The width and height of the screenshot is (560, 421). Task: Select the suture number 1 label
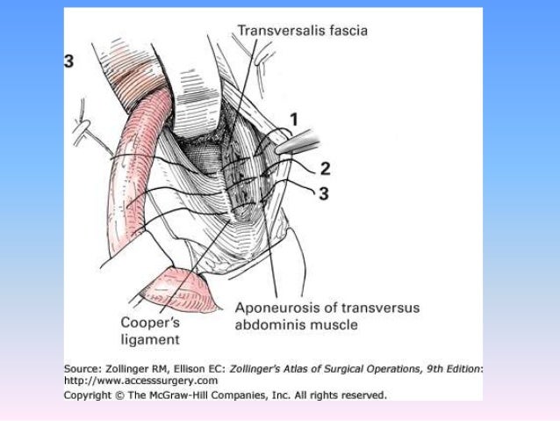pyautogui.click(x=294, y=119)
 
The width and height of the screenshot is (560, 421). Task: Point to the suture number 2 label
pyautogui.click(x=326, y=168)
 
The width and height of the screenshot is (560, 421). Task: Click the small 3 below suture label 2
pyautogui.click(x=323, y=193)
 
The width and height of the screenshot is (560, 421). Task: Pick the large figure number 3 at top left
pyautogui.click(x=68, y=61)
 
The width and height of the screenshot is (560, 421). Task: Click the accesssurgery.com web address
pyautogui.click(x=141, y=381)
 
